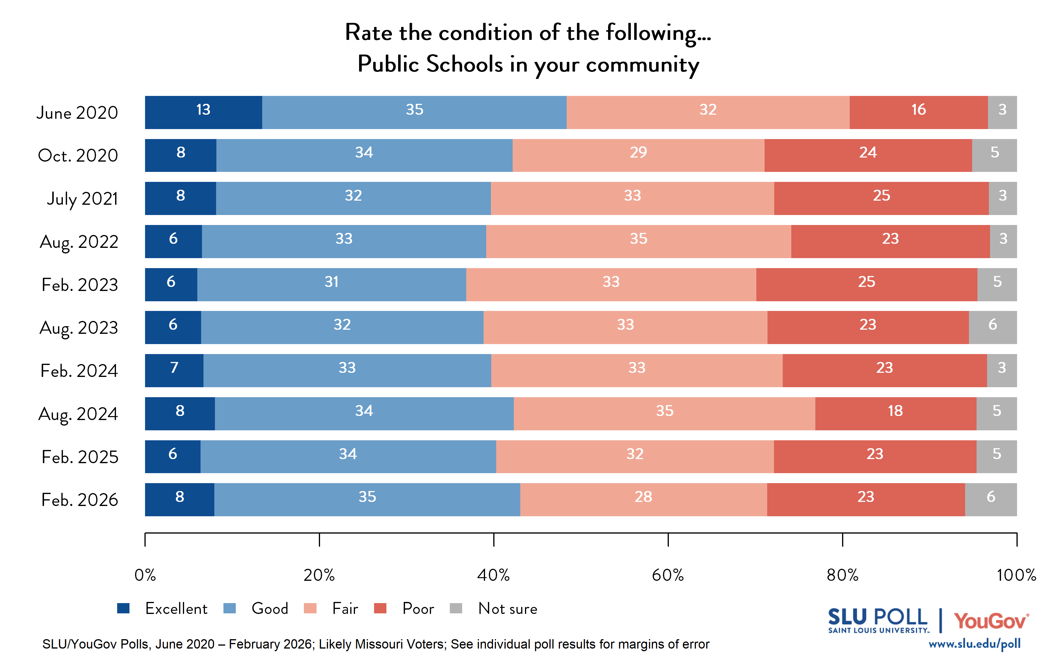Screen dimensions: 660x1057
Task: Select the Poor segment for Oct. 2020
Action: click(868, 155)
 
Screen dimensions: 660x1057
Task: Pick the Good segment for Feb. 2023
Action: click(331, 285)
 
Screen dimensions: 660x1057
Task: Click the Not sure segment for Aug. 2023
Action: click(992, 327)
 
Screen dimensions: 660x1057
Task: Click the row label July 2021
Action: click(82, 199)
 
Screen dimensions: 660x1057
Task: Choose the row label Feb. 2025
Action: click(80, 457)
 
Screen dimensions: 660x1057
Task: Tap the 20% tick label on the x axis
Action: click(319, 575)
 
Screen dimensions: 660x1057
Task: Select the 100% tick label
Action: click(1016, 575)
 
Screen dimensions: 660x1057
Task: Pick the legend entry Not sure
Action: click(508, 608)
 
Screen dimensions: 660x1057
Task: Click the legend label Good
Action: click(270, 608)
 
